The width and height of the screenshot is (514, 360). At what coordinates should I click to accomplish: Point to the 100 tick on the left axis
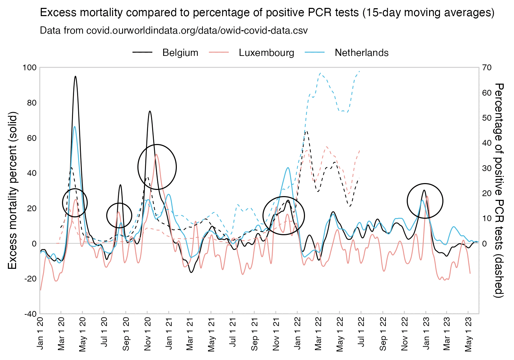click(29, 68)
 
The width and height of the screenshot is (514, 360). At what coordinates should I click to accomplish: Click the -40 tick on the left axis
click(30, 314)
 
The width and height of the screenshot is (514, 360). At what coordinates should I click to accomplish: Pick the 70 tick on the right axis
click(487, 68)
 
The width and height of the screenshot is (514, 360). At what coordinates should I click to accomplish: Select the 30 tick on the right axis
click(487, 168)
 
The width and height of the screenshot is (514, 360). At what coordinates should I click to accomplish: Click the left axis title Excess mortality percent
click(12, 190)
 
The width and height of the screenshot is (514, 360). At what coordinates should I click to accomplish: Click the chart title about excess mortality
click(267, 13)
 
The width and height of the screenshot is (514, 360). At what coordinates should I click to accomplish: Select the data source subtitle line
click(174, 31)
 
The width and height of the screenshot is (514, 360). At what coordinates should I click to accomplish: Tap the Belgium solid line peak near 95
click(75, 76)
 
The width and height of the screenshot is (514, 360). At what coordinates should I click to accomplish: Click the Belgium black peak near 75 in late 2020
click(150, 111)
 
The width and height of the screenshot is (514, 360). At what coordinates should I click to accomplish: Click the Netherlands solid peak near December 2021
click(288, 168)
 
